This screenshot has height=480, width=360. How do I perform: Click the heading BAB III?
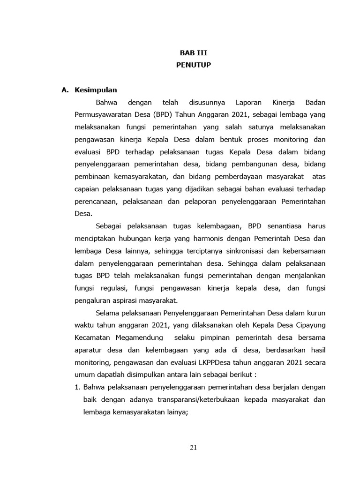(193, 53)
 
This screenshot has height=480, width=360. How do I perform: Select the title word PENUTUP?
(193, 65)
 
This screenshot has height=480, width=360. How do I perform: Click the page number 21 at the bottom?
(193, 447)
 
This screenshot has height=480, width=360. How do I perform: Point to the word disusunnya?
(207, 102)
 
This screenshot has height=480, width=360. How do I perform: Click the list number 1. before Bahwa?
(78, 388)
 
